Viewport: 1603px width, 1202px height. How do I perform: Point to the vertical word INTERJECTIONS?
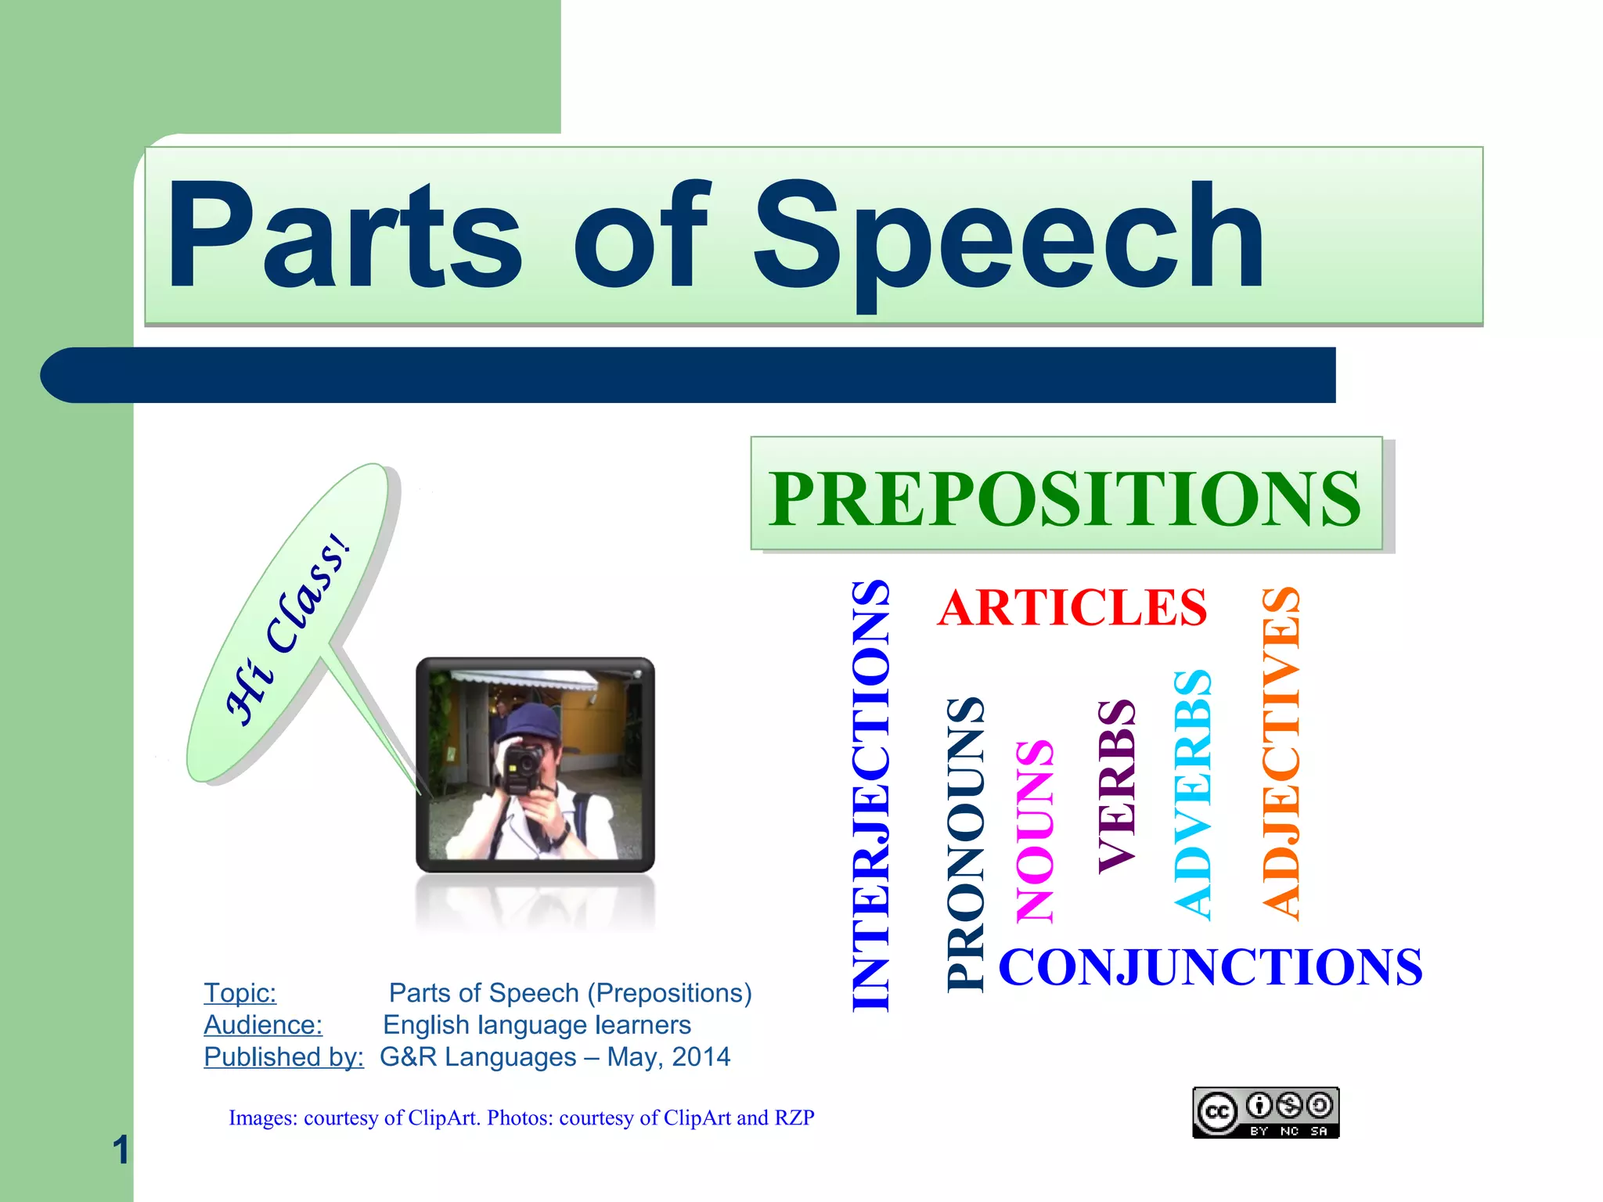coord(870,795)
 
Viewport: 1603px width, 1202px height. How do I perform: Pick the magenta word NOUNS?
coord(1034,831)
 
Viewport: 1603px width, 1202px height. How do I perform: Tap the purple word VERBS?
coord(1116,786)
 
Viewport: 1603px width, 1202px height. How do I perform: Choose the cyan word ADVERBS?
coord(1193,794)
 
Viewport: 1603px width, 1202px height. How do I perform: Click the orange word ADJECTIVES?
coord(1281,753)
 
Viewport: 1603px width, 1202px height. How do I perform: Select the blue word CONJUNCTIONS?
coord(1210,967)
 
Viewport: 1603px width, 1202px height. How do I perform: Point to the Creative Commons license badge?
coord(1265,1112)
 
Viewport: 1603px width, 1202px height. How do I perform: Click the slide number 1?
coord(120,1150)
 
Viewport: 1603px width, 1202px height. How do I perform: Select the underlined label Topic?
coord(240,993)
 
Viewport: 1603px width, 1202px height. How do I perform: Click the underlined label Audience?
coord(263,1025)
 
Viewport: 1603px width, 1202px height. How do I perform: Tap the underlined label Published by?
coord(283,1057)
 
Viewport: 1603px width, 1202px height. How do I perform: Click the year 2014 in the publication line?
coord(701,1057)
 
